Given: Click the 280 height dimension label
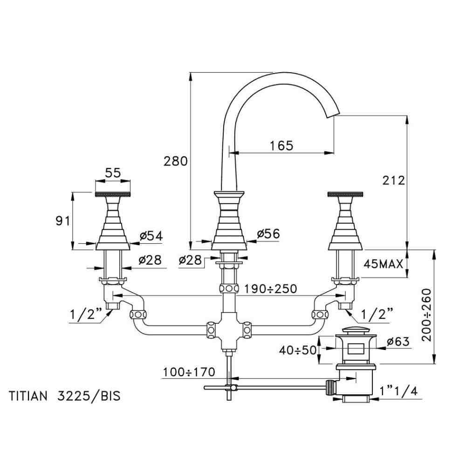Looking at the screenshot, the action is (176, 161).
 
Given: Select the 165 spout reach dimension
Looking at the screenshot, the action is (281, 145).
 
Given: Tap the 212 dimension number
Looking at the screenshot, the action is (393, 180).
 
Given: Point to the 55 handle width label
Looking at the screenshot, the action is (113, 172).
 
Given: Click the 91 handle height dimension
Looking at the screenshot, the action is (63, 221).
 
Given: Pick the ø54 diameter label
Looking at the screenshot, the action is (151, 236).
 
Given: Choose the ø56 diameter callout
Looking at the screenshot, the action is (268, 233).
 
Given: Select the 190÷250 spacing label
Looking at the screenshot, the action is (271, 288).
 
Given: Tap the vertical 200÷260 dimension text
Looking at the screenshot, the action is (427, 315).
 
